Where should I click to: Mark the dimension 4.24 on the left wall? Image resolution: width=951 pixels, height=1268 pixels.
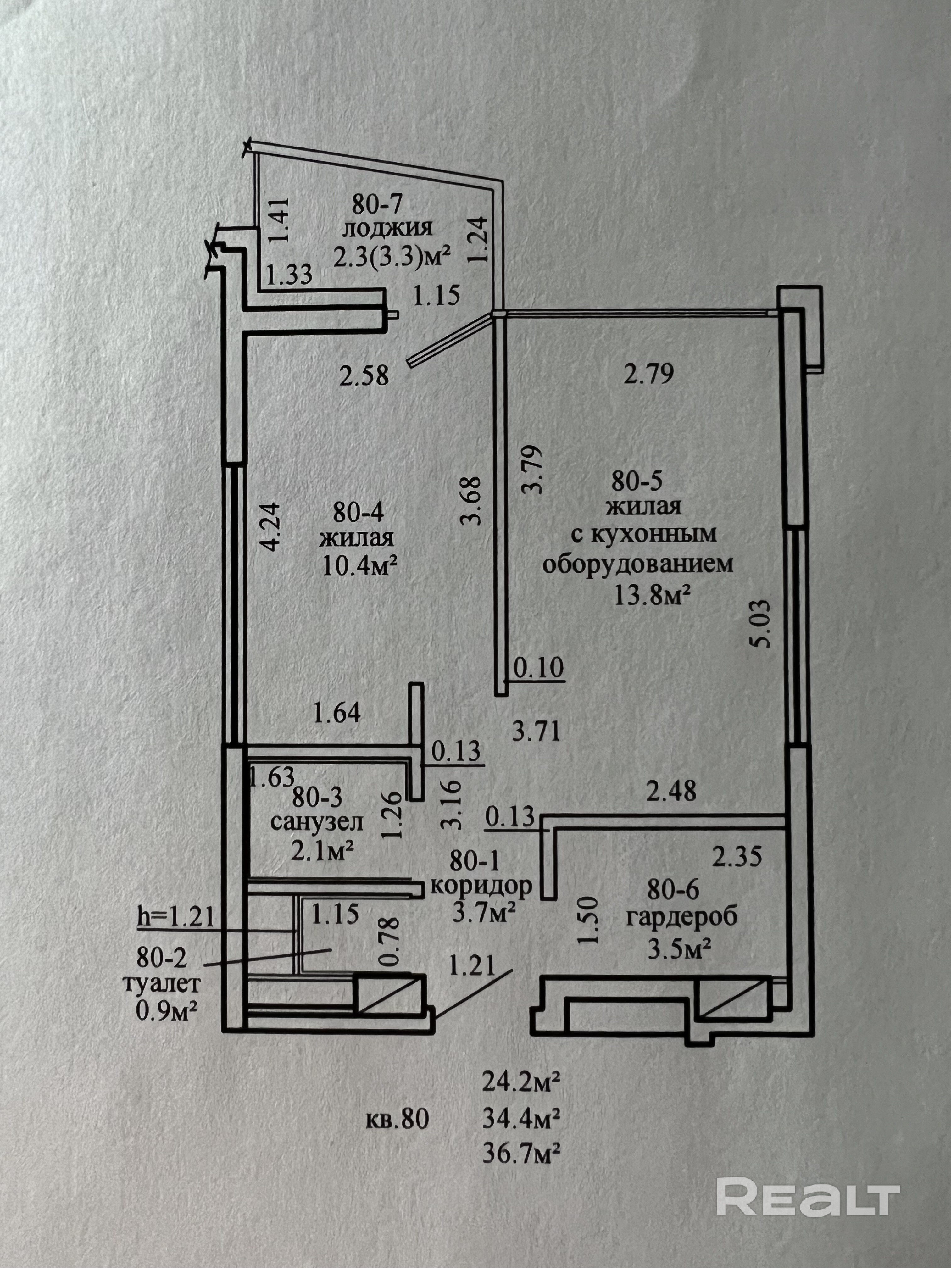click(x=270, y=526)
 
